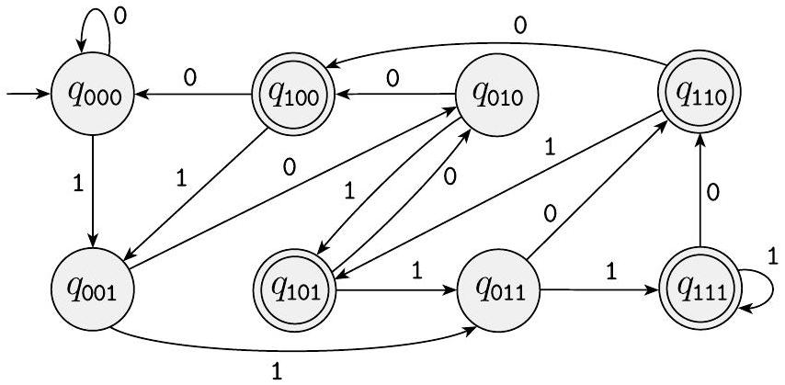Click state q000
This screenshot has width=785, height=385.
pyautogui.click(x=93, y=93)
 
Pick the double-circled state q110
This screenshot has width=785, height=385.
pyautogui.click(x=699, y=93)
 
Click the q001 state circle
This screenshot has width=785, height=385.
pyautogui.click(x=93, y=292)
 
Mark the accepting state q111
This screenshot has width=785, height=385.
pyautogui.click(x=699, y=292)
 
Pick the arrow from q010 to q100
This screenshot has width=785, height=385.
pyautogui.click(x=395, y=93)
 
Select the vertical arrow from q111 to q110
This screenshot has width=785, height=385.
pyautogui.click(x=699, y=193)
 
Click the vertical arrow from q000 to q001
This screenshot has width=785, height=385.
pyautogui.click(x=93, y=193)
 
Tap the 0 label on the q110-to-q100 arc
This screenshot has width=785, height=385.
pyautogui.click(x=520, y=26)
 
